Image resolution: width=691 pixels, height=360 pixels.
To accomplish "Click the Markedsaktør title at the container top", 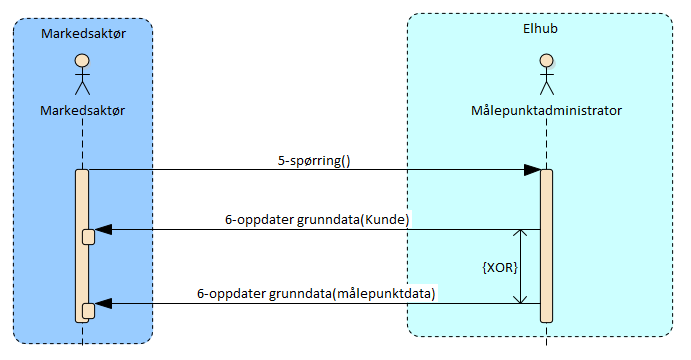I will pyautogui.click(x=83, y=34).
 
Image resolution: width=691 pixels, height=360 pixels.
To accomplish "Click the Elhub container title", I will pyautogui.click(x=540, y=28).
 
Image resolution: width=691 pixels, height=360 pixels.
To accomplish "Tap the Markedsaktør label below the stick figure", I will pyautogui.click(x=83, y=109).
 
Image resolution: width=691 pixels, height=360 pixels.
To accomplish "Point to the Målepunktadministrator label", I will pyautogui.click(x=546, y=109).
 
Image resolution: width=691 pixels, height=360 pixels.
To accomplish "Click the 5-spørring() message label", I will pyautogui.click(x=314, y=159).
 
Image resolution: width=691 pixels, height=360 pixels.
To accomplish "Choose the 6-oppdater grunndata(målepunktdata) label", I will pyautogui.click(x=316, y=293).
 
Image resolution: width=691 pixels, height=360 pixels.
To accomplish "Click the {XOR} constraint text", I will pyautogui.click(x=501, y=267).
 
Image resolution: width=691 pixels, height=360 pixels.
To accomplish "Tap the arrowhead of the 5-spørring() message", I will pyautogui.click(x=533, y=171).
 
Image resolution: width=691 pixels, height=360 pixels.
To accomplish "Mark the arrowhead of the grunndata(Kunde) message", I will pyautogui.click(x=102, y=231).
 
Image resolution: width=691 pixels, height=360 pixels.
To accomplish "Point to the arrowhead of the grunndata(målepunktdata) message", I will pyautogui.click(x=102, y=304).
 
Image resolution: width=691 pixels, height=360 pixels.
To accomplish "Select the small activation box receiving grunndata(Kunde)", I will pyautogui.click(x=88, y=236).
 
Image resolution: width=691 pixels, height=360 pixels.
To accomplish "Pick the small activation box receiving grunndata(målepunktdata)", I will pyautogui.click(x=88, y=310).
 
